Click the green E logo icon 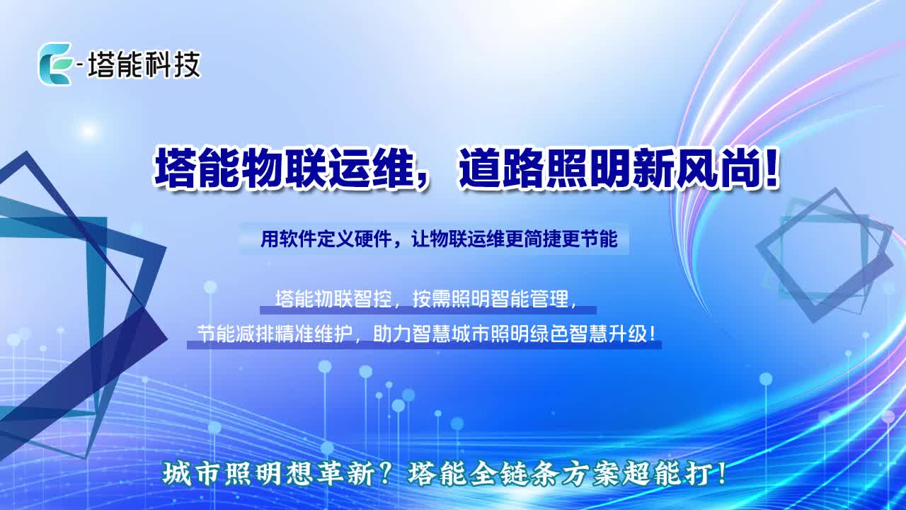click(x=56, y=64)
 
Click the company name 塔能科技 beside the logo click(x=144, y=64)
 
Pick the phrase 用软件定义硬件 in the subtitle click(x=326, y=239)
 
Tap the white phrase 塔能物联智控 click(x=333, y=299)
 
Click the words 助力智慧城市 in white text click(x=432, y=335)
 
